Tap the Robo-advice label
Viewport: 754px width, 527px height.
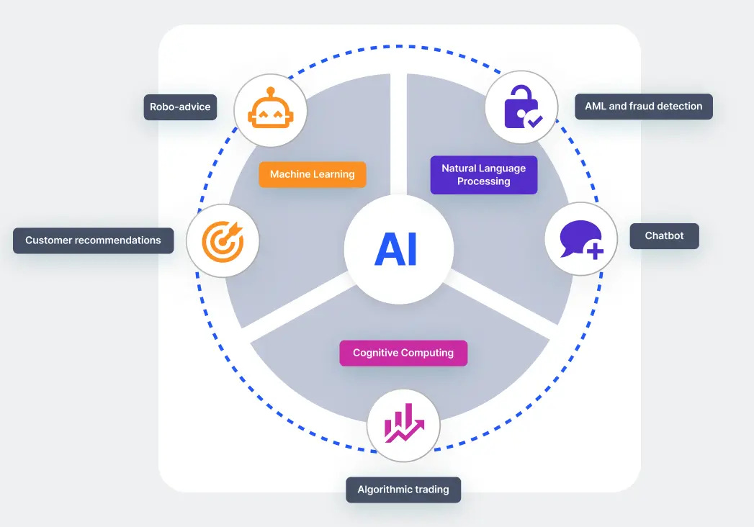coord(180,107)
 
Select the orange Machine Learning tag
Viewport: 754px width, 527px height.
coord(312,174)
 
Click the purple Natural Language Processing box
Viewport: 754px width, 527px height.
coord(483,175)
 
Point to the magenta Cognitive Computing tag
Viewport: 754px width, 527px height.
coord(403,353)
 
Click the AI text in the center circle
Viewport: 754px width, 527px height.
coord(396,250)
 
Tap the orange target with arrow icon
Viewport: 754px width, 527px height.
coord(223,241)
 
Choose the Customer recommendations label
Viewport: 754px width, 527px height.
coord(93,240)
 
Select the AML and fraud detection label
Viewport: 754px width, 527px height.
coord(644,106)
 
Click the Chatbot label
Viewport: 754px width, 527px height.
coord(664,235)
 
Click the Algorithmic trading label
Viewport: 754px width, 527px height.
coord(403,490)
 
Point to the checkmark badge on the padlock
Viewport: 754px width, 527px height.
coord(534,120)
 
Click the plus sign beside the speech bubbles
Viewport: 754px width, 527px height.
coord(595,251)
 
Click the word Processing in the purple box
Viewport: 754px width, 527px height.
coord(483,181)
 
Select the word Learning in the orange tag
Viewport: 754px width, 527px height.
coord(333,174)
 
